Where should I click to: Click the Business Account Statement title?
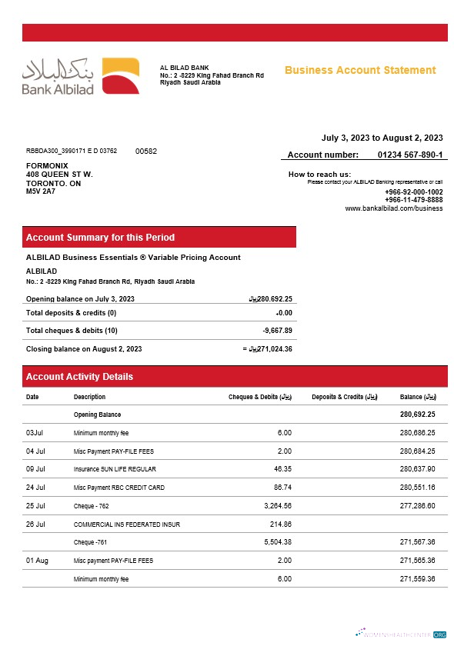[360, 70]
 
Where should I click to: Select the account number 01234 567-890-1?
[410, 155]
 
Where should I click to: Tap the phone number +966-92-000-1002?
[413, 191]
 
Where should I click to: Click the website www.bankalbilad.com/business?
[393, 208]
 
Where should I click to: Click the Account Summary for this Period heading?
[100, 238]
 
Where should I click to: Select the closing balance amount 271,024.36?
[270, 349]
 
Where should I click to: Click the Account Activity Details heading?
[79, 377]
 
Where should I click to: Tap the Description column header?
[89, 397]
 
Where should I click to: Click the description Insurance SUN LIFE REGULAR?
[115, 469]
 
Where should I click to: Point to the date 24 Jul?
[35, 488]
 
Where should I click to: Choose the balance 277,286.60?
[418, 506]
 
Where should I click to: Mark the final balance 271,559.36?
[418, 578]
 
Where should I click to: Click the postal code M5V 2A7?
[41, 191]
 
